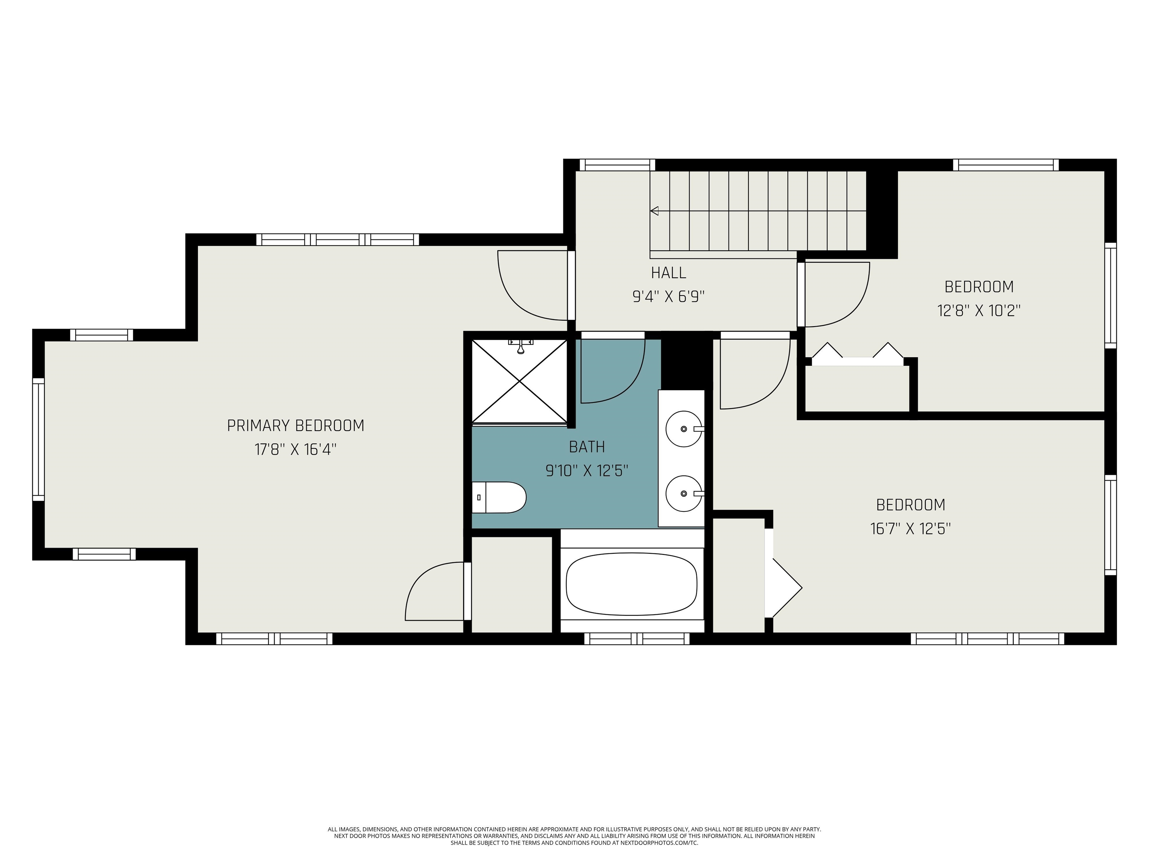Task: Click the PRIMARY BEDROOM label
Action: pos(295,425)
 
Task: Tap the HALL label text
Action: pos(668,272)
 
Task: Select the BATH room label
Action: pos(587,446)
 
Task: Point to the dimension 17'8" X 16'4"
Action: pos(295,449)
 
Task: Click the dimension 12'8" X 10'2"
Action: pos(978,310)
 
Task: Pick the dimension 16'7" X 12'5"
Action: pos(911,528)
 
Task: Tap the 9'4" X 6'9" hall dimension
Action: pos(668,296)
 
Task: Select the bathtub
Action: pos(632,584)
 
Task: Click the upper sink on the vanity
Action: pos(684,429)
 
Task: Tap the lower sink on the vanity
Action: pos(684,493)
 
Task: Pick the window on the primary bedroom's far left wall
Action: pos(39,439)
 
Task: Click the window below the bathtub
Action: pos(637,639)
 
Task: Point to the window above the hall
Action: pos(617,165)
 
